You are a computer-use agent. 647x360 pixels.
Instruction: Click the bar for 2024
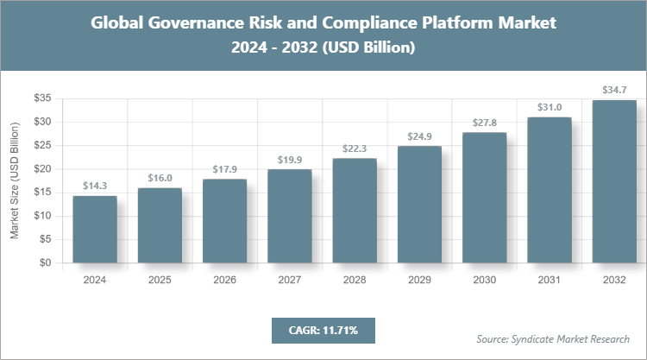95,230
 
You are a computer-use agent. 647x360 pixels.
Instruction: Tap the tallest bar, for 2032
614,181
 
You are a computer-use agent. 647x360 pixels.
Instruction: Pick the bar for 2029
419,205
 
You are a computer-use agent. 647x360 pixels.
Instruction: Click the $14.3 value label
95,186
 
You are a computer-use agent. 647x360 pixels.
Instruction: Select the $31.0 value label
550,107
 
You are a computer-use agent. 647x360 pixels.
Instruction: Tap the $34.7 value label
614,90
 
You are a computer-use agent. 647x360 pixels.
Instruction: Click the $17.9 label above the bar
224,168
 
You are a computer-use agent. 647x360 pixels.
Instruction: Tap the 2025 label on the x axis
160,280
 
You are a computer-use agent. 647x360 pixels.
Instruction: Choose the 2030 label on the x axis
484,280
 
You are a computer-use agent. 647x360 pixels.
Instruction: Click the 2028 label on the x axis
355,280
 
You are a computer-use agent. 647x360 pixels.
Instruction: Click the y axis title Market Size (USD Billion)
15,180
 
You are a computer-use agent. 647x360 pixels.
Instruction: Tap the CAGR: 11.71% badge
323,330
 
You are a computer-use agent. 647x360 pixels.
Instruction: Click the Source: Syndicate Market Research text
553,338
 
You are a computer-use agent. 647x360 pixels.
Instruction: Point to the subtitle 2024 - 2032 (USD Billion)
323,48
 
